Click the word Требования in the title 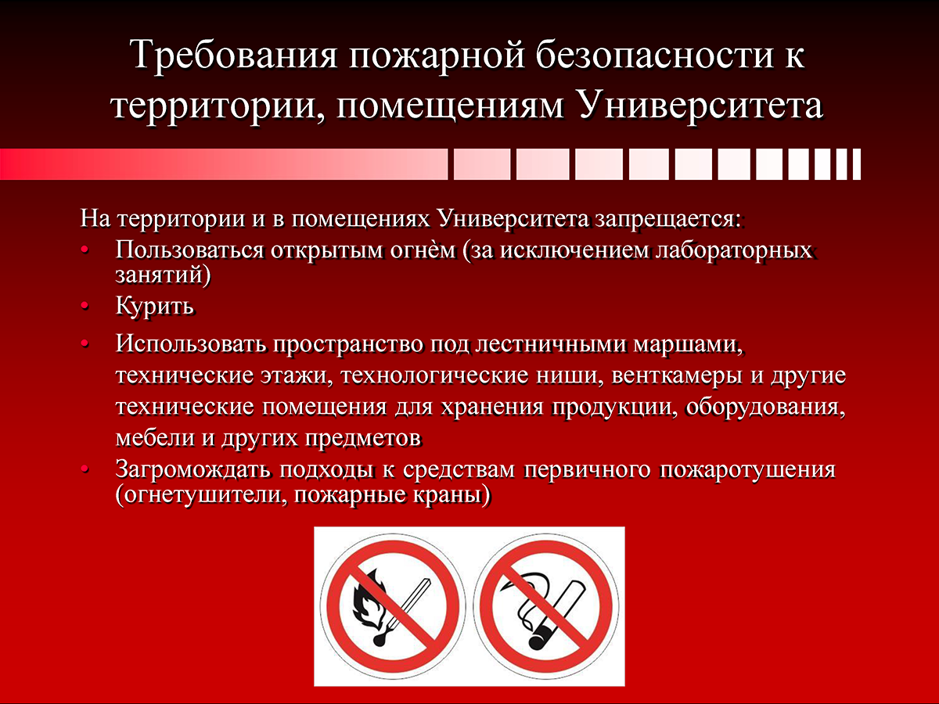[x=234, y=54]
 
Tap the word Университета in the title [x=700, y=106]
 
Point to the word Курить [x=155, y=306]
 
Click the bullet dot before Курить [x=85, y=306]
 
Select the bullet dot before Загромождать [x=85, y=470]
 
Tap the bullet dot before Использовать [x=85, y=343]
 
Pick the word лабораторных [x=734, y=250]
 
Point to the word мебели [x=155, y=437]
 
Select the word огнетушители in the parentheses [x=201, y=495]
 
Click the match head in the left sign [x=379, y=641]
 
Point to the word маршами [x=686, y=344]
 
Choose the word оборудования [x=765, y=407]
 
